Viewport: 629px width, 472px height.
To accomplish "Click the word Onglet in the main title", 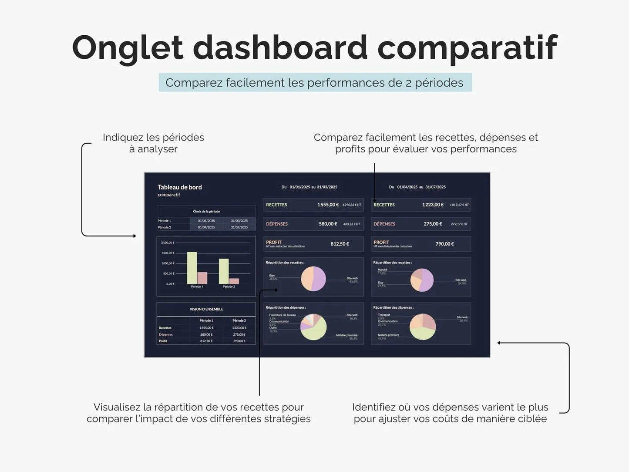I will [127, 47].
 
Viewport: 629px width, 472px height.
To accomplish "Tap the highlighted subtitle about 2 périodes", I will [315, 83].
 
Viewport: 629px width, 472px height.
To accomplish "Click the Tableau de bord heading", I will [179, 187].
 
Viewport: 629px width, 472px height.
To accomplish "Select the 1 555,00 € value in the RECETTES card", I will [327, 205].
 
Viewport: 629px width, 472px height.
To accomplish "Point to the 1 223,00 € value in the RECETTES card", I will [433, 205].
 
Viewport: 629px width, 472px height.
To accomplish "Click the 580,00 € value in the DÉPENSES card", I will [328, 224].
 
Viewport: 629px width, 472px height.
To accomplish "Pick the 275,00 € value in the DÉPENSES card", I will [433, 224].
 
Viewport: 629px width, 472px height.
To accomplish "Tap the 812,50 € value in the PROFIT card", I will [340, 244].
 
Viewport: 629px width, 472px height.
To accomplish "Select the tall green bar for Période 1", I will [192, 268].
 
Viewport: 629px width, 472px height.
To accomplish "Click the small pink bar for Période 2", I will [234, 281].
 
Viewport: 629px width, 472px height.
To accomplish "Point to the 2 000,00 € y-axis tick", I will [168, 243].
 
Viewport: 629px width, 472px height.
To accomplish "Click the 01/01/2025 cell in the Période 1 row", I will [206, 221].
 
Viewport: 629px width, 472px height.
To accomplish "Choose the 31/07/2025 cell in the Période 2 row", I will [239, 227].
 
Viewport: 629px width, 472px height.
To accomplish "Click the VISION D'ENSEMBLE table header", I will [206, 309].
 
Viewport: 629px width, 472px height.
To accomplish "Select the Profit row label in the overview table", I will [163, 341].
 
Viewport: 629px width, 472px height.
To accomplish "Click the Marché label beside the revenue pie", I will [382, 270].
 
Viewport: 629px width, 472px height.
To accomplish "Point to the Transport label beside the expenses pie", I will [384, 315].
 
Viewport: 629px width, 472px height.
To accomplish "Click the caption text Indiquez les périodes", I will [153, 138].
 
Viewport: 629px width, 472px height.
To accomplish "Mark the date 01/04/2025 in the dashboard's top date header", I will [407, 187].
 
